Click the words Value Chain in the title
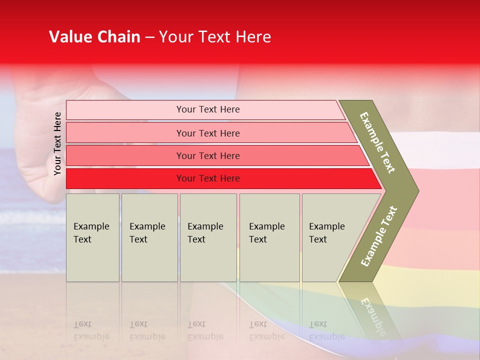click(94, 37)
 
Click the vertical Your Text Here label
click(57, 143)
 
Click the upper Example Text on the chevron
click(377, 142)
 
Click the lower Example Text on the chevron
click(378, 236)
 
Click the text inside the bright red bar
click(208, 178)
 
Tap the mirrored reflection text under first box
click(91, 330)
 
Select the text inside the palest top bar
click(208, 109)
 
